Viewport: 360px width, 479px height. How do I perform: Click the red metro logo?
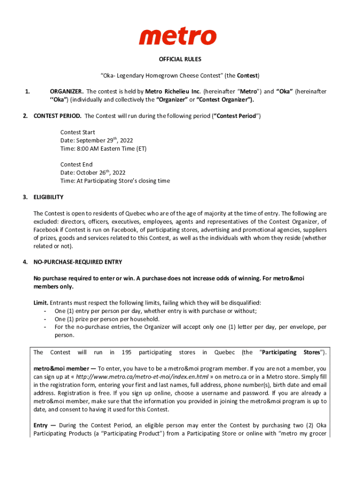coord(178,36)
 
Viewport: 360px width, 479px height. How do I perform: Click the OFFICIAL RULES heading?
coord(180,59)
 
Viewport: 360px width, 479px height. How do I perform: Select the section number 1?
coord(27,91)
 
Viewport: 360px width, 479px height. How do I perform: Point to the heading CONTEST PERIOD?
coord(58,116)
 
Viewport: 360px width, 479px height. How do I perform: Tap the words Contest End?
coord(76,164)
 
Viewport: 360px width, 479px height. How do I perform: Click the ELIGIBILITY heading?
coord(48,197)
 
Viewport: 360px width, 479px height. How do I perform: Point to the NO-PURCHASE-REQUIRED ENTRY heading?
coord(78,262)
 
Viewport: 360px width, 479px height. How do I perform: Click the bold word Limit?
coord(41,303)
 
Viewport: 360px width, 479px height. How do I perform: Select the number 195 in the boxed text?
coord(126,352)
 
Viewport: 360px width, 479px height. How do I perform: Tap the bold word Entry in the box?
coord(41,425)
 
